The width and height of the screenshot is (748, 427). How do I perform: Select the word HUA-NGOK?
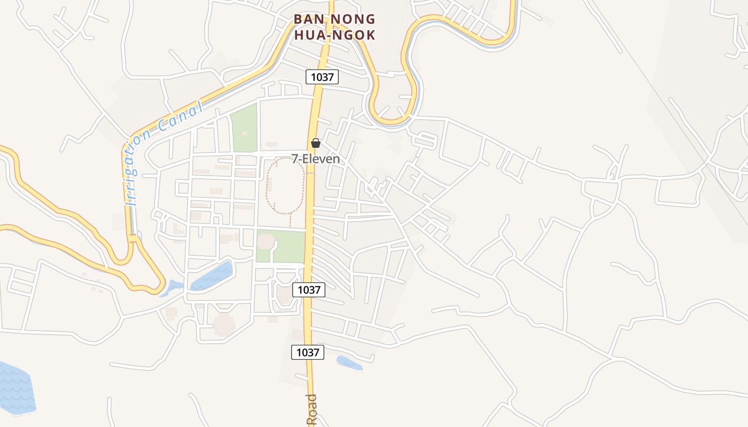[334, 35]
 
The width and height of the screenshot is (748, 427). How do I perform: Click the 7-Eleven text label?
[316, 159]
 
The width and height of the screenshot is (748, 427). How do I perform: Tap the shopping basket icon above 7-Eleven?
[316, 143]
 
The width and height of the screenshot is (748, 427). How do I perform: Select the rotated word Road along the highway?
[311, 410]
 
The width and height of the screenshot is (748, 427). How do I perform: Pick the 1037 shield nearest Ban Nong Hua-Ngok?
[322, 77]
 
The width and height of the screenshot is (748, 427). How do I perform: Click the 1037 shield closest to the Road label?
[308, 352]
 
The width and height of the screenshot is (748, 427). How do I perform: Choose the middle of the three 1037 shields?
[309, 290]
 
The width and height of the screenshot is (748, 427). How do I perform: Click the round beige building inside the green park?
[266, 242]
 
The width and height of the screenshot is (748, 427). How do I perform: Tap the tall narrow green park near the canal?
[244, 128]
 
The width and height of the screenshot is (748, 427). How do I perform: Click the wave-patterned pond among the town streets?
[212, 276]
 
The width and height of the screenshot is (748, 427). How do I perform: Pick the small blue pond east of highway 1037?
[349, 363]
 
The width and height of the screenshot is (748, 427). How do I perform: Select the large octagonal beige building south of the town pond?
[224, 325]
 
